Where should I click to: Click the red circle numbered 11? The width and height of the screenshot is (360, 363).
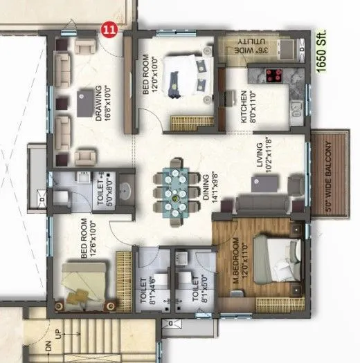click(108, 29)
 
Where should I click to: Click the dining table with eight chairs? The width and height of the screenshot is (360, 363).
click(179, 188)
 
